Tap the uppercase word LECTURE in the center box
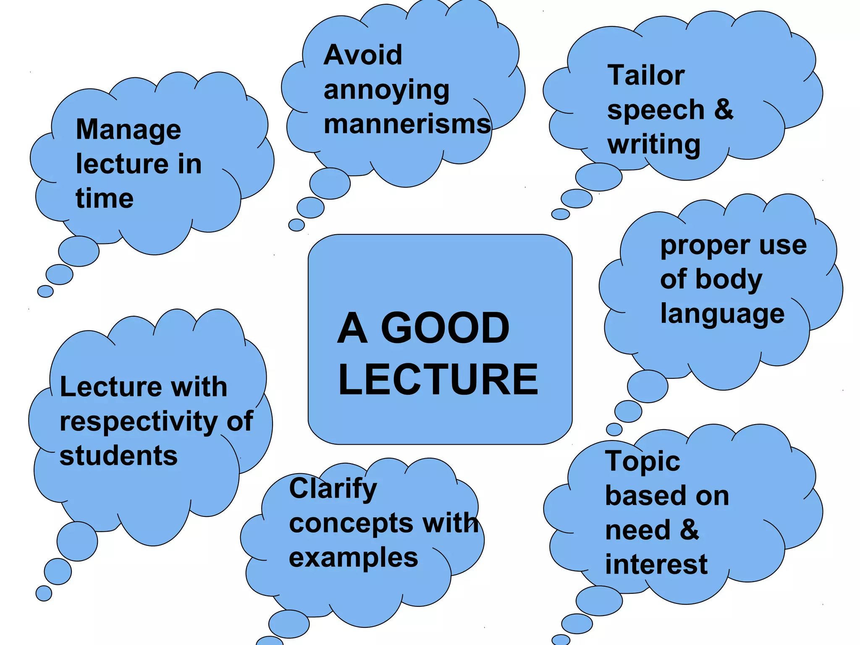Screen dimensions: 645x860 point(438,380)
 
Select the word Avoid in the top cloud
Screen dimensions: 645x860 point(363,55)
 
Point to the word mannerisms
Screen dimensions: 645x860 point(407,124)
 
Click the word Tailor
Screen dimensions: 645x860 point(646,76)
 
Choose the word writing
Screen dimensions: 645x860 point(654,145)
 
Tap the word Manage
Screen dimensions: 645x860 point(128,130)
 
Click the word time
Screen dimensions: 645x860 point(105,198)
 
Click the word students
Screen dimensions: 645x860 point(118,456)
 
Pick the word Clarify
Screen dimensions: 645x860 point(333,489)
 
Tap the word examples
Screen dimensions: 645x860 point(354,558)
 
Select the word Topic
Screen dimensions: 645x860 point(642,461)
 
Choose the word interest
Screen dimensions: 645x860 point(656,564)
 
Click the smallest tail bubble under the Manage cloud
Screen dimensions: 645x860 point(45,291)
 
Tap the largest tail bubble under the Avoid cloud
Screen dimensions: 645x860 point(330,184)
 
